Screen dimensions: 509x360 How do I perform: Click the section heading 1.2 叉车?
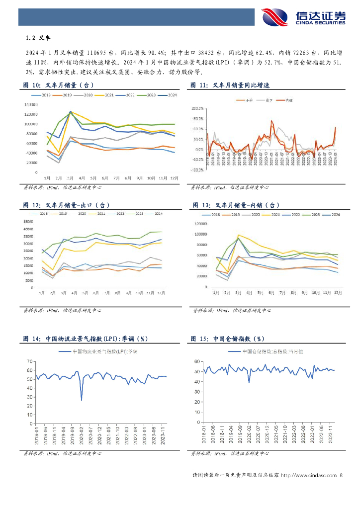pyautogui.click(x=38, y=38)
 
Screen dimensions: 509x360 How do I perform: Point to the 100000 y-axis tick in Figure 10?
pyautogui.click(x=31, y=124)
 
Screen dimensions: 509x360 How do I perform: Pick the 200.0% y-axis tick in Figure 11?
pyautogui.click(x=197, y=108)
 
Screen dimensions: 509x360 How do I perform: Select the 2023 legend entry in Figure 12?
pyautogui.click(x=140, y=214)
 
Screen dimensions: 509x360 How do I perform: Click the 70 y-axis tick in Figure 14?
pyautogui.click(x=30, y=359)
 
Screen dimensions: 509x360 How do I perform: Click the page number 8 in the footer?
pyautogui.click(x=341, y=476)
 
